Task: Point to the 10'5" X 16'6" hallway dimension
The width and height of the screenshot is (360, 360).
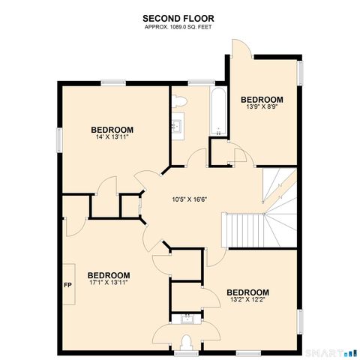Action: click(188, 199)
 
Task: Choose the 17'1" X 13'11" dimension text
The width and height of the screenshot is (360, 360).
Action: click(109, 284)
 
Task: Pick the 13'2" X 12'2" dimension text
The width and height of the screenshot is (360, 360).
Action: click(247, 301)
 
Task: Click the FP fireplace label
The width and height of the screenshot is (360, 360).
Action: click(67, 286)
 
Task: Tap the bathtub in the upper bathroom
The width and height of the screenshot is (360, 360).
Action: click(217, 112)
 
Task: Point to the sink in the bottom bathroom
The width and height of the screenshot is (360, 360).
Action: click(186, 320)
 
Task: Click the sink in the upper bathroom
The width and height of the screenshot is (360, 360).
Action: click(177, 125)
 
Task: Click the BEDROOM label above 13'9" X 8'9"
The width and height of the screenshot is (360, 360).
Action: click(262, 99)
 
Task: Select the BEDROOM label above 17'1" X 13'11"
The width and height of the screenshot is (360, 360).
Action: click(109, 275)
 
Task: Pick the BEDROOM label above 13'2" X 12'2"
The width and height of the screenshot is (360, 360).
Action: click(247, 292)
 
